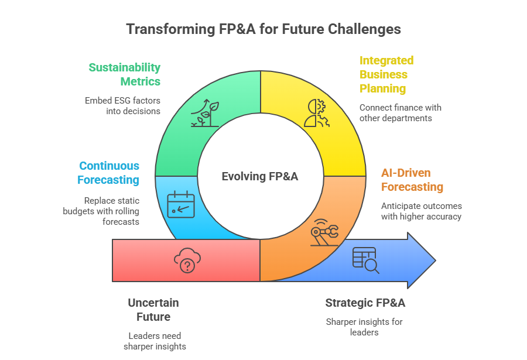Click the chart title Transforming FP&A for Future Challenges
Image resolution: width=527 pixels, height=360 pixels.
[x=263, y=29]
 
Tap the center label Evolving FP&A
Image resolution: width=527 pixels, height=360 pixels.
[x=260, y=176]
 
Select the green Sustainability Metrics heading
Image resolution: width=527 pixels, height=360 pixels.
[x=124, y=74]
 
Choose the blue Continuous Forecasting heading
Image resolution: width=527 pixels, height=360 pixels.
[x=109, y=173]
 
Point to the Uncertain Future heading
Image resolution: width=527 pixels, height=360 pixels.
[x=153, y=310]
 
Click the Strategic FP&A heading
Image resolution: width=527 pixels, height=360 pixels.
[x=365, y=303]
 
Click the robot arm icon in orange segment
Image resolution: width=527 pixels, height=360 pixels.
[x=324, y=233]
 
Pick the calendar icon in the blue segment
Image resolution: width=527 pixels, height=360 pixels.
[x=181, y=205]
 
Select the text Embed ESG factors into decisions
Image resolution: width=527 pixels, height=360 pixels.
[x=122, y=105]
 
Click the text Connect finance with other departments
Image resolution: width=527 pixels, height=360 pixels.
[x=401, y=113]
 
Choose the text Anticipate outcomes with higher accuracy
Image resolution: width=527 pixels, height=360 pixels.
[x=421, y=211]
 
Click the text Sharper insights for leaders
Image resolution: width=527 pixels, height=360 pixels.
[x=364, y=327]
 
